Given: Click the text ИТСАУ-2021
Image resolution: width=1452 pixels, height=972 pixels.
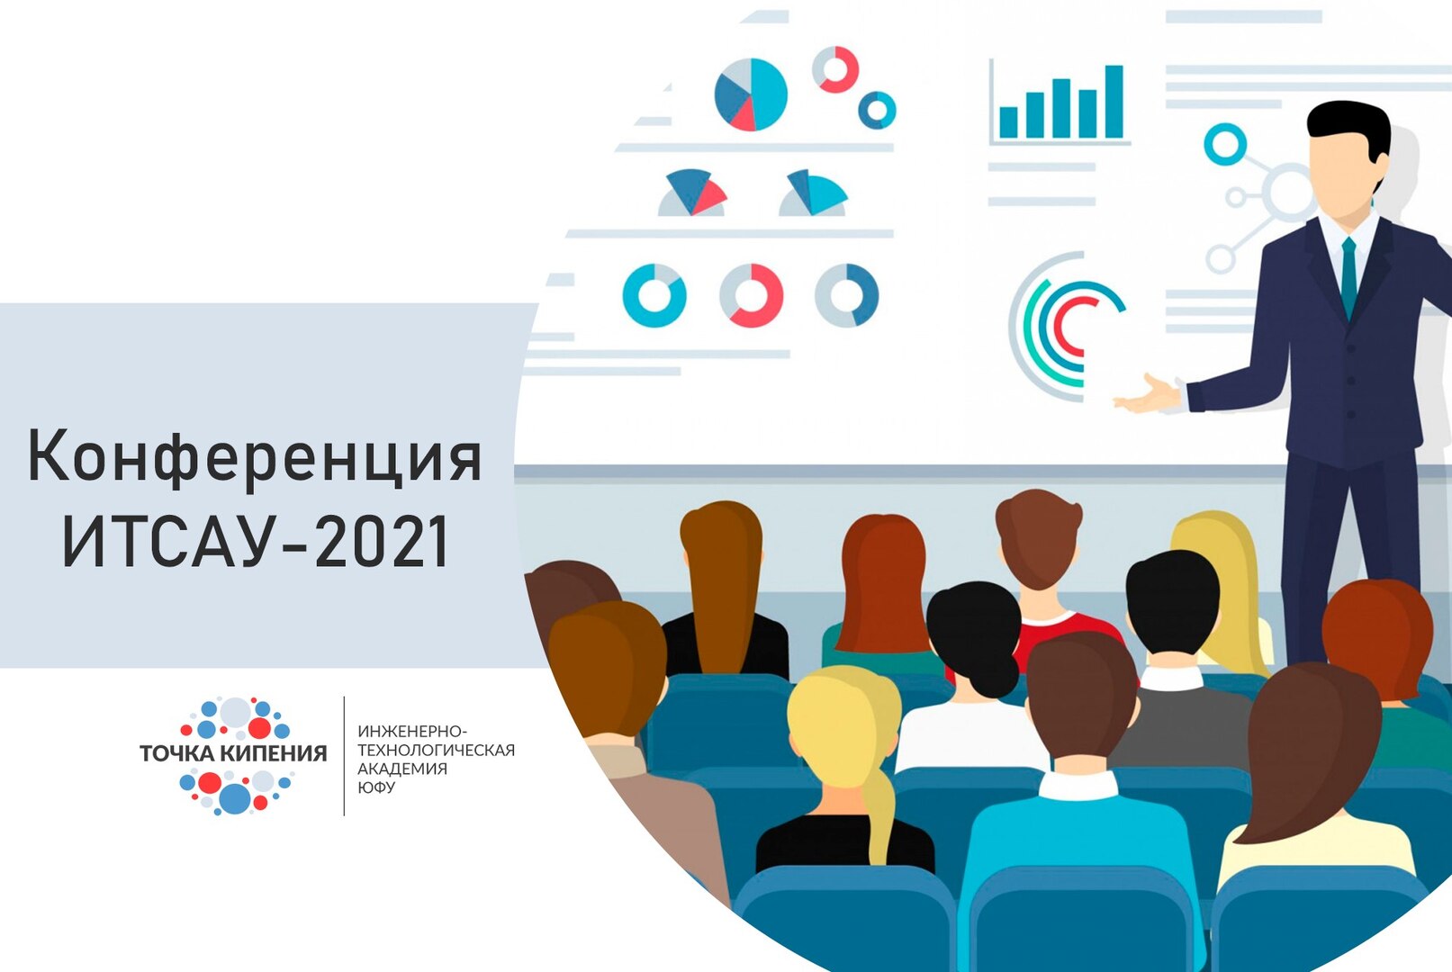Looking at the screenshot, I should pyautogui.click(x=256, y=543).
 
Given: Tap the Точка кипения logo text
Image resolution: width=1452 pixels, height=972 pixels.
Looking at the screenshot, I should pyautogui.click(x=233, y=753).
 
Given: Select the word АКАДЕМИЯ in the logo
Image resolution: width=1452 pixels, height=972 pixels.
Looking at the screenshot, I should pyautogui.click(x=402, y=769).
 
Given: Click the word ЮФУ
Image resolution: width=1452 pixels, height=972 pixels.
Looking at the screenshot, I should pyautogui.click(x=376, y=787).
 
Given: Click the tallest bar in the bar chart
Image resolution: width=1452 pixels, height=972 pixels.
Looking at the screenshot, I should pyautogui.click(x=1114, y=101).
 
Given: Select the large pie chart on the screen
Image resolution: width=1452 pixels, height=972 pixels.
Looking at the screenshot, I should pyautogui.click(x=751, y=94).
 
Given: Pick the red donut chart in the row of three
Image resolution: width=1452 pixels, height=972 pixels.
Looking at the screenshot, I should pyautogui.click(x=751, y=295).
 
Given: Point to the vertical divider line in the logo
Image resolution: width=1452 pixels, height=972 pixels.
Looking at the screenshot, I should pyautogui.click(x=344, y=756).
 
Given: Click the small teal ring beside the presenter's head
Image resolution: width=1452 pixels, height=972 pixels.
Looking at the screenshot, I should pyautogui.click(x=1224, y=144).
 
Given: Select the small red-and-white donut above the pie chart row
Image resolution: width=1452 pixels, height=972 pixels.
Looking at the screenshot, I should pyautogui.click(x=835, y=69).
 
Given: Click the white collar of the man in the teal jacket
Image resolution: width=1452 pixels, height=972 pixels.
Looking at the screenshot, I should pyautogui.click(x=1078, y=785).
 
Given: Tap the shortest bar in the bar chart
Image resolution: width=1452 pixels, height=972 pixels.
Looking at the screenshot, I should pyautogui.click(x=1008, y=121).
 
